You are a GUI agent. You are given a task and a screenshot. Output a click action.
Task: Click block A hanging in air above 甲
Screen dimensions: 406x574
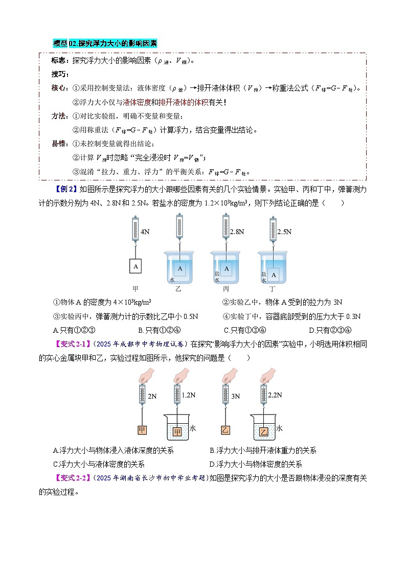[135, 266]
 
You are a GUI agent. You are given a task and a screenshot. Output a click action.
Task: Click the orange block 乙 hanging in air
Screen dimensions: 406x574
[225, 430]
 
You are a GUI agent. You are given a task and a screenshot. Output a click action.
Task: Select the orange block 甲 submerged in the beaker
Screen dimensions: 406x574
[177, 432]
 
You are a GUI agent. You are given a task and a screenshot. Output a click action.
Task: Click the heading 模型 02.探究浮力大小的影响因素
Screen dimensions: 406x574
[105, 44]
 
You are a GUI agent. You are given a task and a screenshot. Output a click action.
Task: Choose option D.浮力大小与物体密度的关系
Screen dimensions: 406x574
[256, 465]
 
